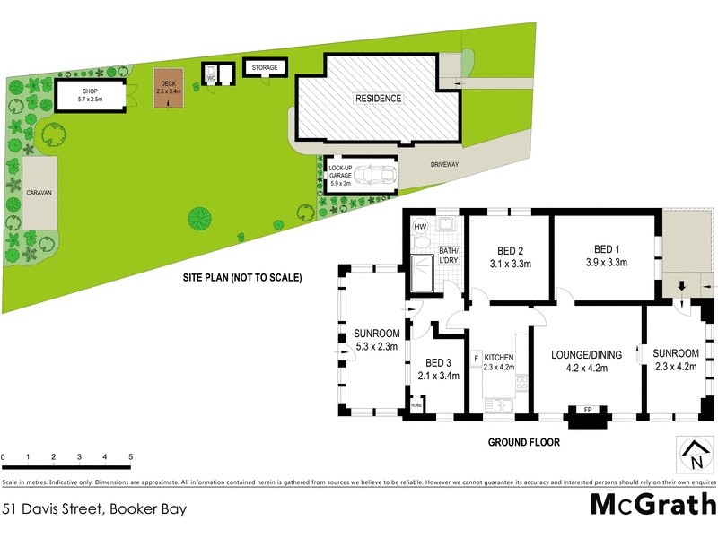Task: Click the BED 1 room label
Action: click(x=606, y=249)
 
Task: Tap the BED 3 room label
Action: click(x=439, y=363)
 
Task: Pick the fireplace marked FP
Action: click(x=588, y=411)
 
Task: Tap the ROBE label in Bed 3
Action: click(x=416, y=406)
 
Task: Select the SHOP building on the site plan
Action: click(x=90, y=95)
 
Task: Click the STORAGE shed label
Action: click(x=264, y=68)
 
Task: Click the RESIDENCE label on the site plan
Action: click(x=378, y=99)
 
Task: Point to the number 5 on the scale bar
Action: click(x=131, y=458)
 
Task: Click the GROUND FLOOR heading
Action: click(x=524, y=442)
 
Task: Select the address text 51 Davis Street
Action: click(x=56, y=508)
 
